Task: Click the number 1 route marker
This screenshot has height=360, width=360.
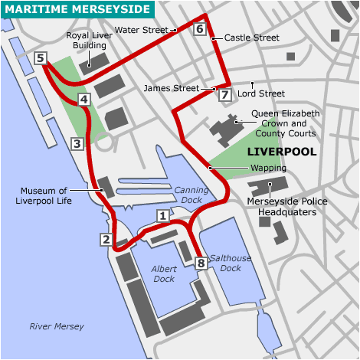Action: tap(162, 216)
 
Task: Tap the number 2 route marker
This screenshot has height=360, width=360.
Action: tap(106, 240)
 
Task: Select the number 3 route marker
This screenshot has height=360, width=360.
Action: tap(77, 143)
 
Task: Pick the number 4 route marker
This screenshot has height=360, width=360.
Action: tap(84, 99)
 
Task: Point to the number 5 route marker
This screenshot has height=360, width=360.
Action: tap(41, 57)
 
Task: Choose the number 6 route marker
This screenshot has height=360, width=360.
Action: tap(199, 30)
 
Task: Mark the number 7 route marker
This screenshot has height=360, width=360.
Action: tap(224, 95)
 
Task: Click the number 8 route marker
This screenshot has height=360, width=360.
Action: tap(201, 263)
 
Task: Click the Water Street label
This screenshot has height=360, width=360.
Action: tap(142, 30)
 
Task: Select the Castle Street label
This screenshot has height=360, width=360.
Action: tap(252, 38)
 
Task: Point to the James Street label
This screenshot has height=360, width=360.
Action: tap(170, 89)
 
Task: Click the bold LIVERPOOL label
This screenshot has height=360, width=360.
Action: tap(282, 152)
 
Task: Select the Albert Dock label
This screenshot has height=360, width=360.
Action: tap(163, 274)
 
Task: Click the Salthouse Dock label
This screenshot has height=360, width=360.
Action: tap(231, 263)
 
